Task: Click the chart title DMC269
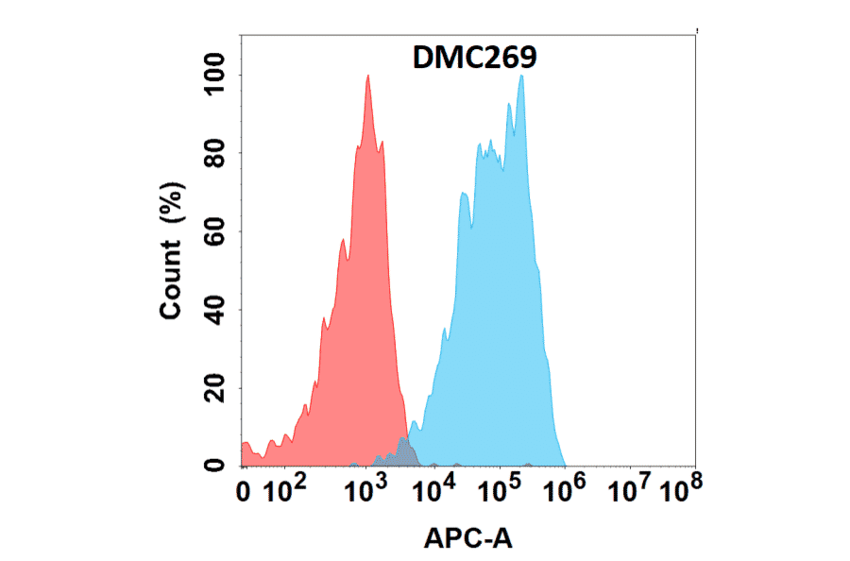coord(475,59)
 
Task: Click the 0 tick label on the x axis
coord(245,492)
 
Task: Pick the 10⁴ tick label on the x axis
coord(435,489)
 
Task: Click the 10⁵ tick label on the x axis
coord(501,489)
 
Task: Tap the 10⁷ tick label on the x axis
coord(631,489)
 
